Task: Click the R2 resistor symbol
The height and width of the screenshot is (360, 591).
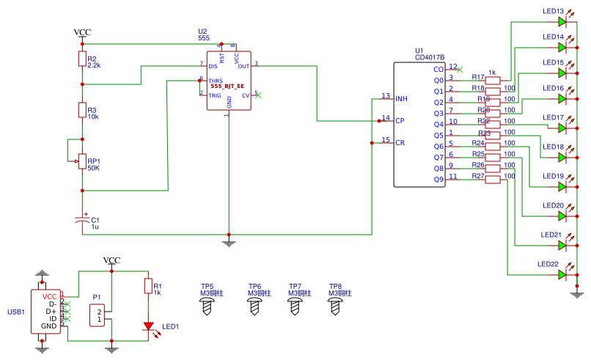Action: [82, 59]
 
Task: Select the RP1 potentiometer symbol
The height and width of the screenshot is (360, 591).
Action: [82, 157]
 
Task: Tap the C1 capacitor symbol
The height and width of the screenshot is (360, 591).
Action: [82, 220]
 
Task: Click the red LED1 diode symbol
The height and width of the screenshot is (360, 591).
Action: [148, 326]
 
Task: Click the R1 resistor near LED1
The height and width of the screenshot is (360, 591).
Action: [148, 286]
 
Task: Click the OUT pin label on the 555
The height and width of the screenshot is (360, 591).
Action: [243, 65]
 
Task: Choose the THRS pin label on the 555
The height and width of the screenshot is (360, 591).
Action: [215, 81]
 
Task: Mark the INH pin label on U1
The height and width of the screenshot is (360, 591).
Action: [401, 98]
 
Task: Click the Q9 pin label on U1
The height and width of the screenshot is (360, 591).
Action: [438, 180]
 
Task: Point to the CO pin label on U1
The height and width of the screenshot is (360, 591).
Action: [438, 69]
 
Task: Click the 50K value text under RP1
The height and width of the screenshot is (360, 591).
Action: [94, 168]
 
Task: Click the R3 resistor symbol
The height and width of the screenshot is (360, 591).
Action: [82, 110]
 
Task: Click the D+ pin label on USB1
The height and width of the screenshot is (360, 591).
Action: [51, 311]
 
